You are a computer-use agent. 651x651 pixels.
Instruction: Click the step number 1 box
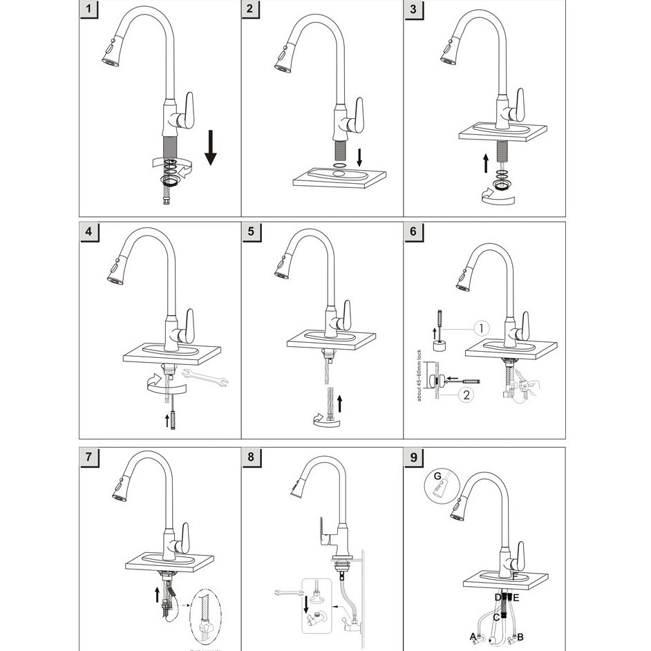click(x=88, y=10)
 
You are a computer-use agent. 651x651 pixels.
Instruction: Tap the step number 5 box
click(x=251, y=232)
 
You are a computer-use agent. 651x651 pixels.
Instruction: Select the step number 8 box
click(x=251, y=457)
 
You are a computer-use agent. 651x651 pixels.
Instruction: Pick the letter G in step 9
click(x=437, y=475)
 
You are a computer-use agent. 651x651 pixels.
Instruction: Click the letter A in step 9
click(x=473, y=636)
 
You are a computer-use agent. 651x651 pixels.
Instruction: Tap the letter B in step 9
click(x=520, y=636)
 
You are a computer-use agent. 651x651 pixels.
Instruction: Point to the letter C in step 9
click(x=496, y=617)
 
